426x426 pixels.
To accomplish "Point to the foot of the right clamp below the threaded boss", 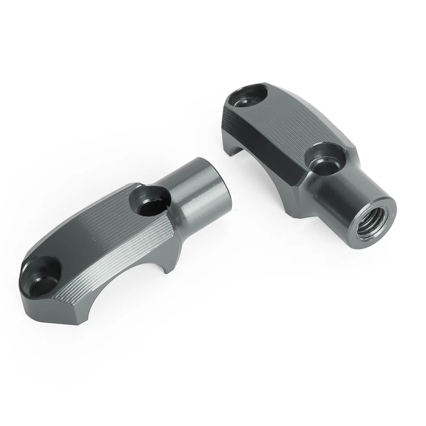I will coord(302,209).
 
